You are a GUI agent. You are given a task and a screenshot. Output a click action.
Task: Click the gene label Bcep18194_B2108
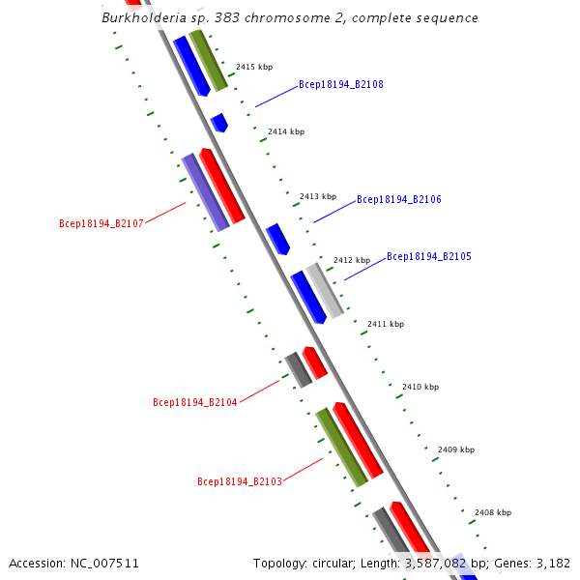pos(340,85)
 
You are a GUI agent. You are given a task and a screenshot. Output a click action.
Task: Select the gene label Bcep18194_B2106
pos(398,200)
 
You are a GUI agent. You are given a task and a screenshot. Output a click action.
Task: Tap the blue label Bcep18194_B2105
pos(428,257)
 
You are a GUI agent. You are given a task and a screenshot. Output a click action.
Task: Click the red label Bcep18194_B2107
pos(101,224)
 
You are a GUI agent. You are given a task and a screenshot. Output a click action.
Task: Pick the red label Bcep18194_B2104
pos(194,402)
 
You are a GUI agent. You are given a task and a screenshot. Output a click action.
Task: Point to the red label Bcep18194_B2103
pos(239,481)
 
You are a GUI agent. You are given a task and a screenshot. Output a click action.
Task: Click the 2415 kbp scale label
pos(254,68)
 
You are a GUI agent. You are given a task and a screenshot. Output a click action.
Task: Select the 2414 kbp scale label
pos(286,131)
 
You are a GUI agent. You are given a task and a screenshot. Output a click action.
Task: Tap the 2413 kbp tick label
pos(318,196)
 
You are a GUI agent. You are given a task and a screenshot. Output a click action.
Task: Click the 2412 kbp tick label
pos(352,260)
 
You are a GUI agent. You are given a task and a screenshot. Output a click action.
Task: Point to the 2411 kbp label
pos(386,324)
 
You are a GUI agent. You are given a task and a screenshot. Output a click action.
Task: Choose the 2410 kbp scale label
pos(420,387)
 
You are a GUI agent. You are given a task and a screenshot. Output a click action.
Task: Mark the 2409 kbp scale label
pos(456,449)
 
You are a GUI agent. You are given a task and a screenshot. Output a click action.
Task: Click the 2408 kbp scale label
pos(492,512)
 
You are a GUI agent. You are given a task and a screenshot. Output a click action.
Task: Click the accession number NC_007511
pos(104,563)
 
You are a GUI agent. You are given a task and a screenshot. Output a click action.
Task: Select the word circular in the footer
pos(337,563)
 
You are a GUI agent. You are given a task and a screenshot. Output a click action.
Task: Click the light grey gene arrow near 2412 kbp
pos(325,290)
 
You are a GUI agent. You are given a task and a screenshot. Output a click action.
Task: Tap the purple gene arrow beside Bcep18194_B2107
pos(205,192)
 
